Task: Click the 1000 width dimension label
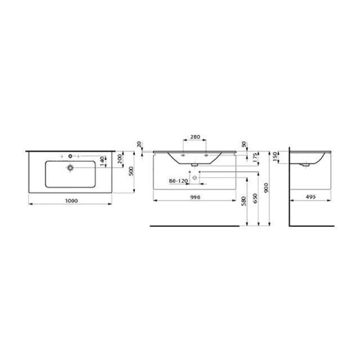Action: tap(72, 201)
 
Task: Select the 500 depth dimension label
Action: tap(131, 171)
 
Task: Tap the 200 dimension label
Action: tap(120, 159)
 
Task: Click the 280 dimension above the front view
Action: tap(195, 137)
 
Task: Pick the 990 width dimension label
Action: tap(195, 197)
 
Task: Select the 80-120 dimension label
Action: tap(178, 181)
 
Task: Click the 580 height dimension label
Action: tap(244, 201)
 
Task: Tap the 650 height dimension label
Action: tap(256, 198)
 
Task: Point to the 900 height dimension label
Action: tap(266, 188)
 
